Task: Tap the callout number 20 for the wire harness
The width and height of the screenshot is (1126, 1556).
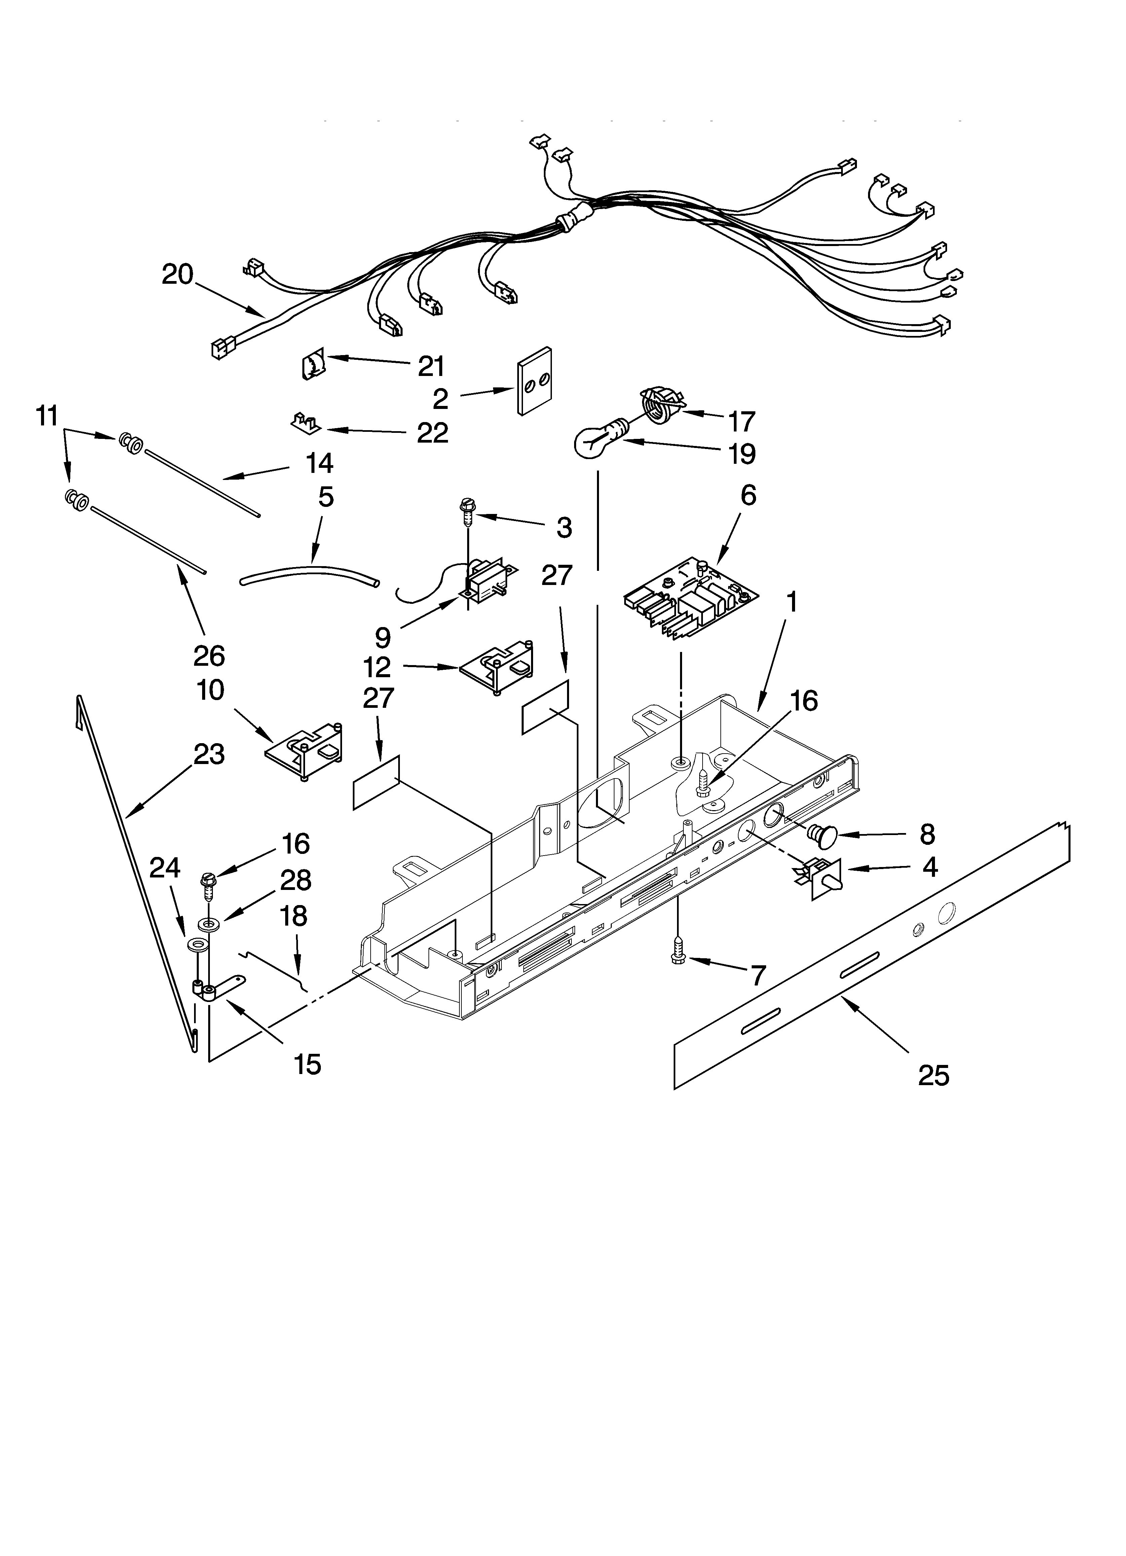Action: coord(178,275)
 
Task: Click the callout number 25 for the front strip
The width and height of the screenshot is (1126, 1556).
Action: coord(934,1074)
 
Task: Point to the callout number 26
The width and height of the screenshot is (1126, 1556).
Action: coord(209,656)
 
